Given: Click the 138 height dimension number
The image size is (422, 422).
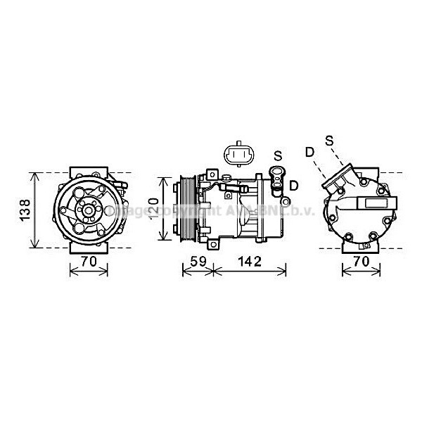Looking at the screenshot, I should click(x=23, y=210).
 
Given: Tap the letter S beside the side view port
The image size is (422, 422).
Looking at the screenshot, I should click(x=278, y=155).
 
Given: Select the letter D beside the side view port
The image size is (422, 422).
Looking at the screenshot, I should click(x=293, y=185).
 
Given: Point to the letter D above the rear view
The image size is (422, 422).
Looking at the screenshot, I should click(x=309, y=152).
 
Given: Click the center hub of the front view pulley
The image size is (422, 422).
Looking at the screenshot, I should click(x=89, y=209).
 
